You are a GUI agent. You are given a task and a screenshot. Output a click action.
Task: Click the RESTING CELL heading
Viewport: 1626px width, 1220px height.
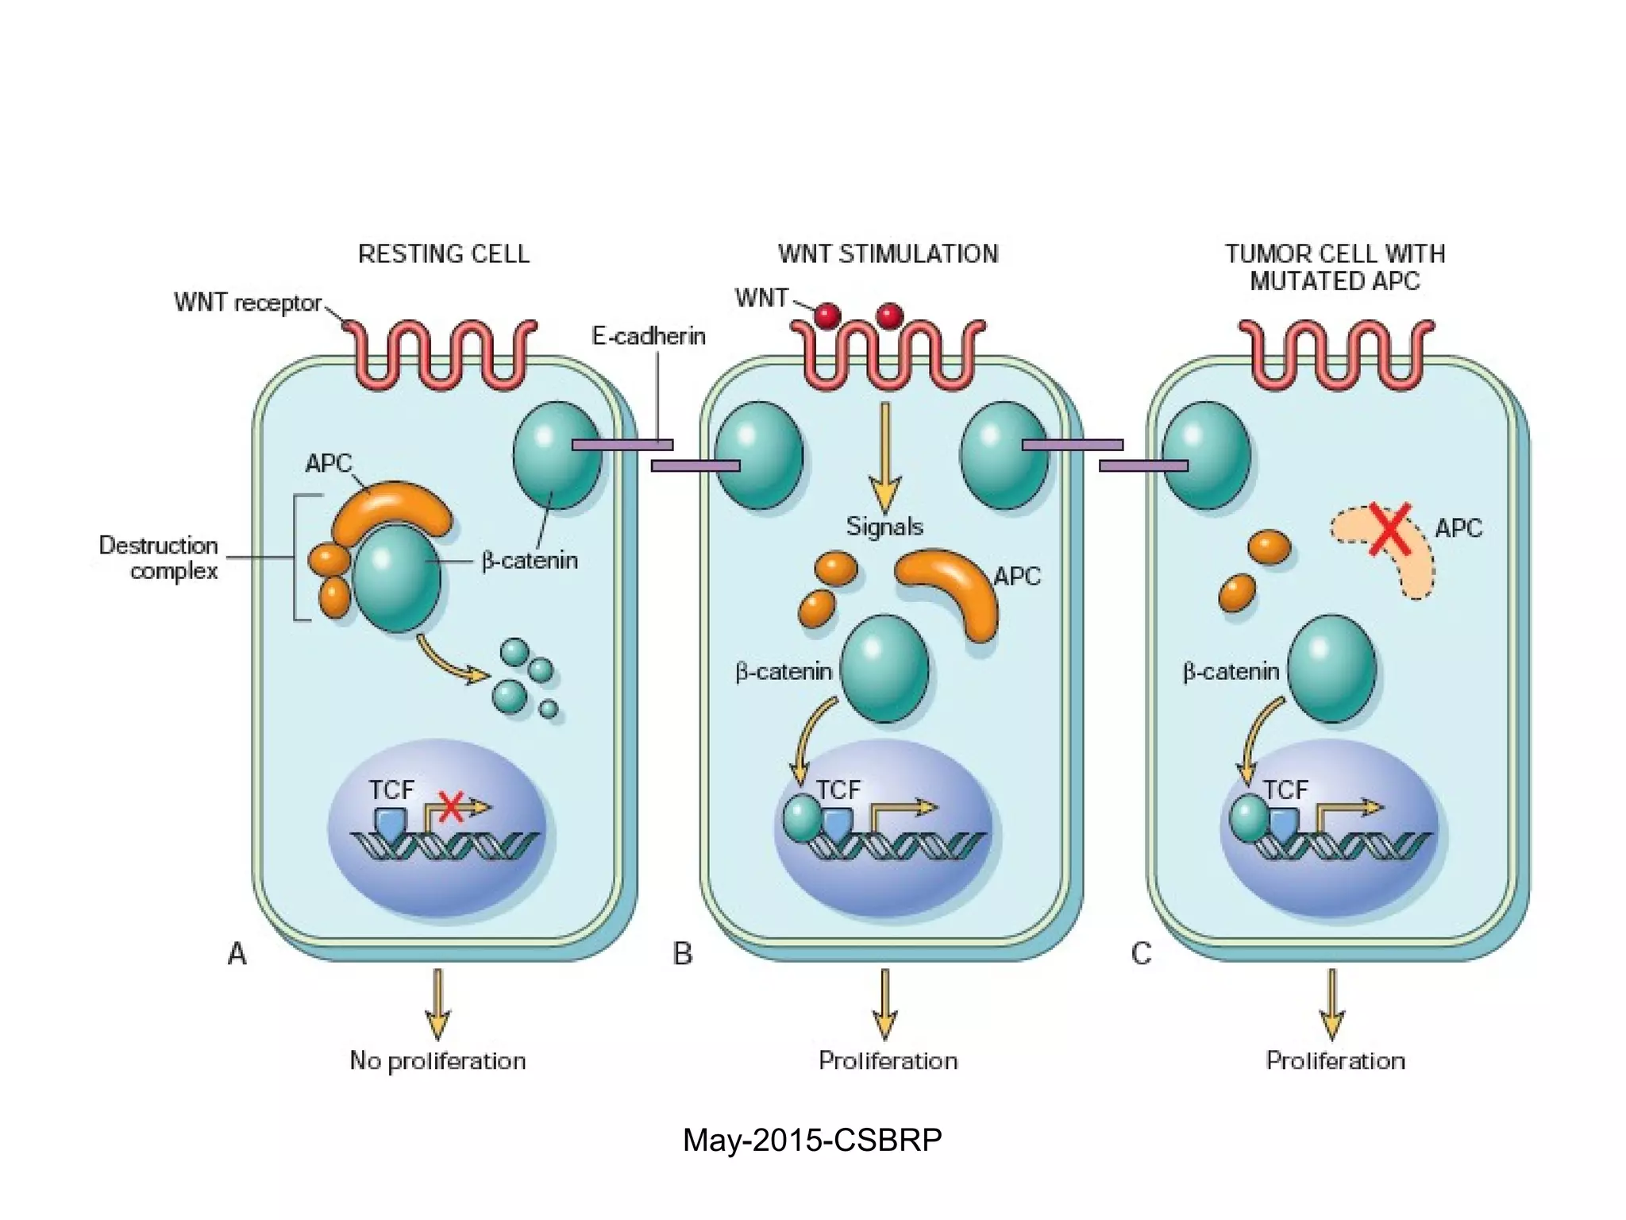click(x=443, y=254)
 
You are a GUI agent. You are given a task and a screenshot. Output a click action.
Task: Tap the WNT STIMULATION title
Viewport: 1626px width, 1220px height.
click(x=888, y=254)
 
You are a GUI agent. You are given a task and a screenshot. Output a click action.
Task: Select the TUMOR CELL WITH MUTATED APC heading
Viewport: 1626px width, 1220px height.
click(x=1335, y=268)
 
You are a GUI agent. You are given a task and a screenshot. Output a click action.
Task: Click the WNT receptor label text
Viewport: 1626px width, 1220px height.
click(x=248, y=303)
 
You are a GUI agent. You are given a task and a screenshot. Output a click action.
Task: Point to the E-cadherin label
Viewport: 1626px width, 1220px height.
click(x=649, y=336)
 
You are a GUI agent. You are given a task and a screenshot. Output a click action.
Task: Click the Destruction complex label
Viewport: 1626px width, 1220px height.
click(x=159, y=558)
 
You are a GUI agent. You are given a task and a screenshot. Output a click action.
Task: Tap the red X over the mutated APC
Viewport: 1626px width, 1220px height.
click(x=1390, y=528)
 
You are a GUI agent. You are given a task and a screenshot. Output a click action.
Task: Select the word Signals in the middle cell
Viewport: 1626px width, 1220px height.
click(x=884, y=527)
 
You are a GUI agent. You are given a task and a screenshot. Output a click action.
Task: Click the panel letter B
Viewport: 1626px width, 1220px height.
click(x=682, y=953)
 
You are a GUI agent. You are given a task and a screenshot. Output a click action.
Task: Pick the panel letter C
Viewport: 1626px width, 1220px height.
click(x=1141, y=953)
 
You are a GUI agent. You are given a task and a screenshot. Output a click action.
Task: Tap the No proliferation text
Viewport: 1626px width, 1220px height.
click(x=437, y=1061)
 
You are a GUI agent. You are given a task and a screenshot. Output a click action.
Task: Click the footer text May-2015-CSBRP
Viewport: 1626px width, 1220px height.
click(x=812, y=1141)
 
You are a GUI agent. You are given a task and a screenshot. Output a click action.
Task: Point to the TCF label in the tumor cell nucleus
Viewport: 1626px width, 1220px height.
click(x=1285, y=790)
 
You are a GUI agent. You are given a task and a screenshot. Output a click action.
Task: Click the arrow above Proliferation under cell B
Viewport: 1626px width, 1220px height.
click(x=884, y=1004)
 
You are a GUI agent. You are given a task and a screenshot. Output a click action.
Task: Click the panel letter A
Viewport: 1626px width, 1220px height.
click(x=237, y=953)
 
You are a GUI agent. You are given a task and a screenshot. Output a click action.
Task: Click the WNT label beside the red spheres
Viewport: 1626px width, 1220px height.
click(x=761, y=298)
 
